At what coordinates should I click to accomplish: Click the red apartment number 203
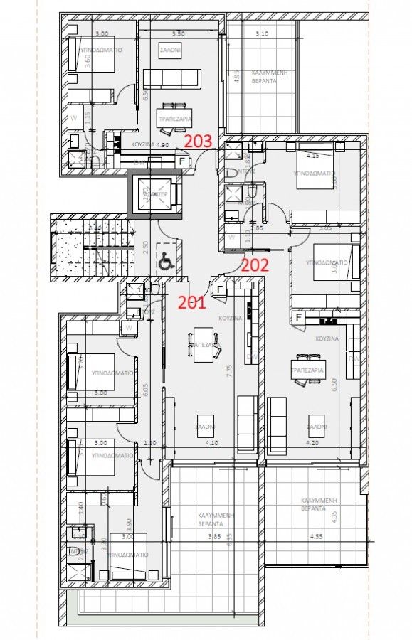pyautogui.click(x=199, y=141)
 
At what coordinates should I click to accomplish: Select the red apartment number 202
pyautogui.click(x=255, y=265)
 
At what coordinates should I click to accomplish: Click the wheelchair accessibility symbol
pyautogui.click(x=165, y=263)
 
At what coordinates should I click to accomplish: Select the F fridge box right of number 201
pyautogui.click(x=221, y=289)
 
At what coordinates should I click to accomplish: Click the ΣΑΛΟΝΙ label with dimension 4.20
pyautogui.click(x=316, y=427)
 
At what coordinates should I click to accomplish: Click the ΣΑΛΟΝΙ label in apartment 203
pyautogui.click(x=169, y=50)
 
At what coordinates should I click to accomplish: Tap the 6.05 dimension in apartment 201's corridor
pyautogui.click(x=145, y=390)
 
